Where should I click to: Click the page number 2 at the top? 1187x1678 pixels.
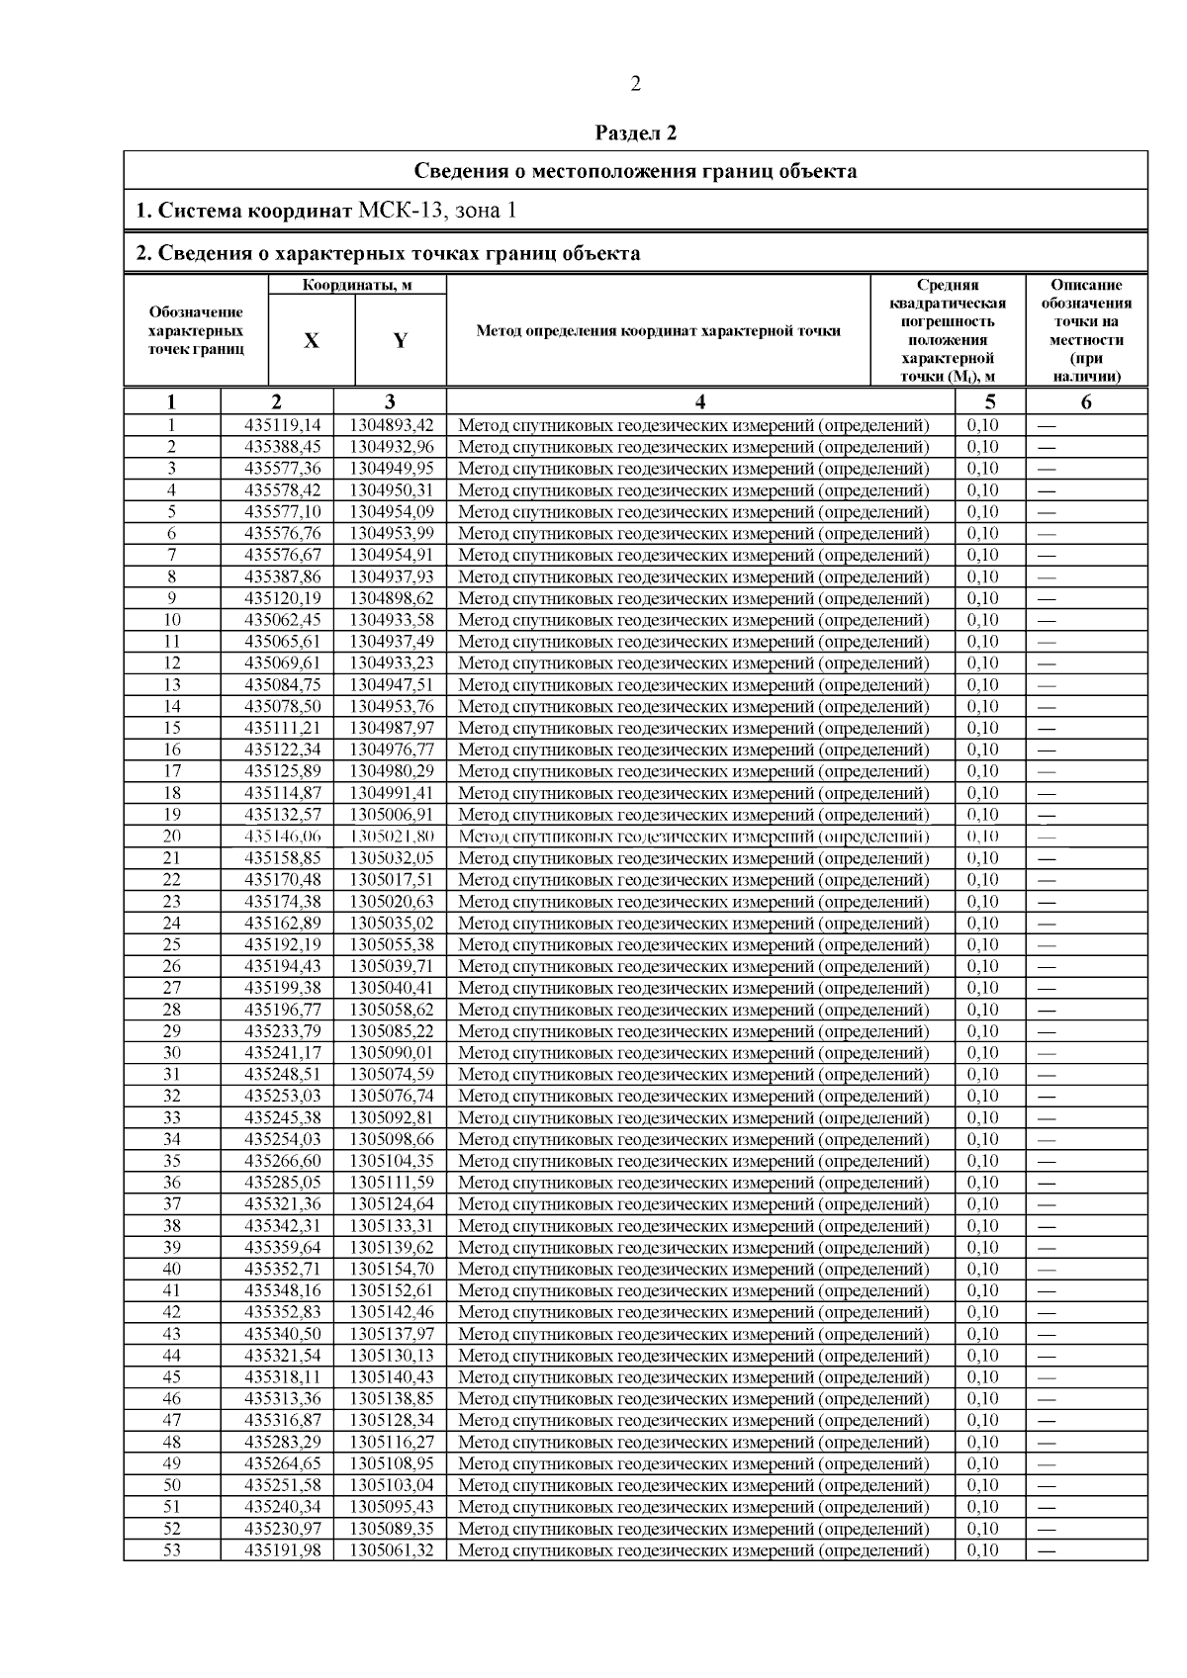(x=635, y=85)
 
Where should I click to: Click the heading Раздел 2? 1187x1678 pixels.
(x=635, y=132)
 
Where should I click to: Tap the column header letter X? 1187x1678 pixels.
(x=312, y=340)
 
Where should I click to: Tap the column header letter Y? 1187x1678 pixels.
(x=400, y=340)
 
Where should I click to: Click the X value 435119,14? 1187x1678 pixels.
(x=283, y=425)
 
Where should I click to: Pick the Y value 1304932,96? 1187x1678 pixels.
(x=392, y=447)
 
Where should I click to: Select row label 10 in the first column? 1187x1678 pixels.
(x=172, y=620)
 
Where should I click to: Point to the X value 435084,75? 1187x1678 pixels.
(x=283, y=684)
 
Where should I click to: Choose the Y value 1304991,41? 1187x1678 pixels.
(x=392, y=793)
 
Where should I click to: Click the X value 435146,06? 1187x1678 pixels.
(x=283, y=837)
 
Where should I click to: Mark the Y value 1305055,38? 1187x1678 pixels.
(x=392, y=944)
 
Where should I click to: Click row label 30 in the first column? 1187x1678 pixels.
(x=172, y=1053)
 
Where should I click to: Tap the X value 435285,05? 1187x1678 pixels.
(x=283, y=1183)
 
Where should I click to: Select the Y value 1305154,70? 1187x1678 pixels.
(x=392, y=1269)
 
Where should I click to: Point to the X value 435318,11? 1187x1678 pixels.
(x=283, y=1377)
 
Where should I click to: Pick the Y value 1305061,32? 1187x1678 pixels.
(x=392, y=1550)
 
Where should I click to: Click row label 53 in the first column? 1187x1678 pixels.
(x=172, y=1550)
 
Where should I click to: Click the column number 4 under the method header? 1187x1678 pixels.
(x=700, y=401)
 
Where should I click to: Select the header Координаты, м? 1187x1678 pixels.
(x=357, y=286)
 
